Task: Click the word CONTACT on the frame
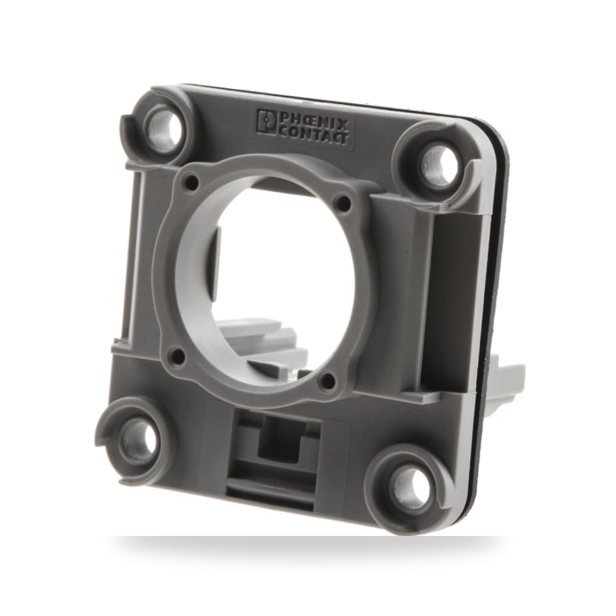coord(313,134)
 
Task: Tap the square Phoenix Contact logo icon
coord(266,121)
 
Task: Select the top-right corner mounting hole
coord(443,164)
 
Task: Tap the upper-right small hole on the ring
coord(344,203)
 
